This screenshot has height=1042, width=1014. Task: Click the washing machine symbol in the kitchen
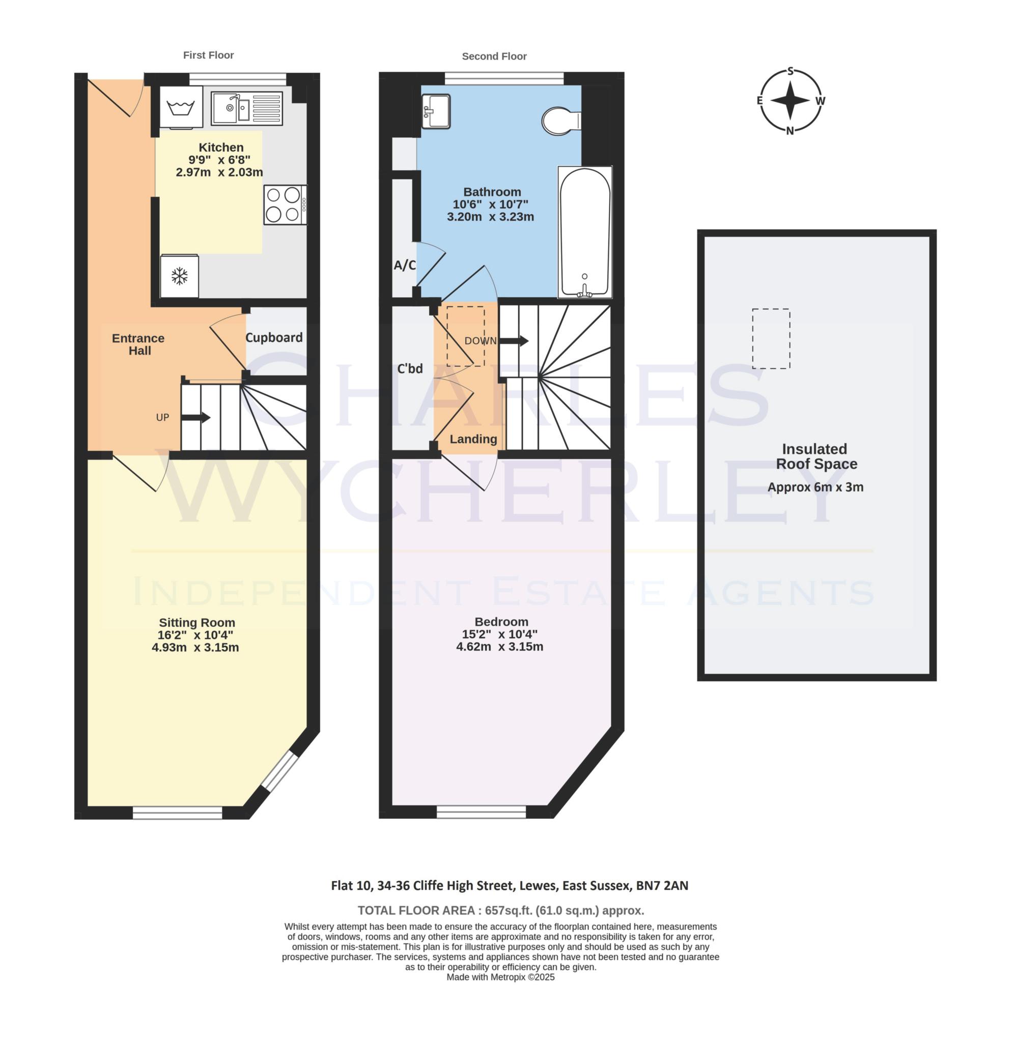(181, 107)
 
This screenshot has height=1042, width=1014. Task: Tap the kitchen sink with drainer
(246, 108)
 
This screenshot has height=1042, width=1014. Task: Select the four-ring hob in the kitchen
(285, 205)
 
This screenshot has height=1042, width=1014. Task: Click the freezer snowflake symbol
(180, 276)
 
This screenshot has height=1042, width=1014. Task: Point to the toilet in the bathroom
(560, 121)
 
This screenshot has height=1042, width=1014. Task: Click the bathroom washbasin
(436, 112)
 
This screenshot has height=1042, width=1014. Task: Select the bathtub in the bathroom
(585, 233)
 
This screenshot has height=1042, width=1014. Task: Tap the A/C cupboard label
(405, 266)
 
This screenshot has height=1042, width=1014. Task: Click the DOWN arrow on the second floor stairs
(514, 340)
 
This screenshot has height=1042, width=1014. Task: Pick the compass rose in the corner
(791, 101)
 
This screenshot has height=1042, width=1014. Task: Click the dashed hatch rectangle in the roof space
(771, 339)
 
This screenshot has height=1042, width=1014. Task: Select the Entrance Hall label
(138, 344)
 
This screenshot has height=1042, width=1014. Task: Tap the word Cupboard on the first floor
(274, 337)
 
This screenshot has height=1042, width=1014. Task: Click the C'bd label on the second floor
(410, 368)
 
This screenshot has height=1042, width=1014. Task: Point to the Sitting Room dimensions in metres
(195, 648)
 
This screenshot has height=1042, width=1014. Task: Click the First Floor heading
(208, 55)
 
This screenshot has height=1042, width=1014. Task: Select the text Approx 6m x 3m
(815, 487)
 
